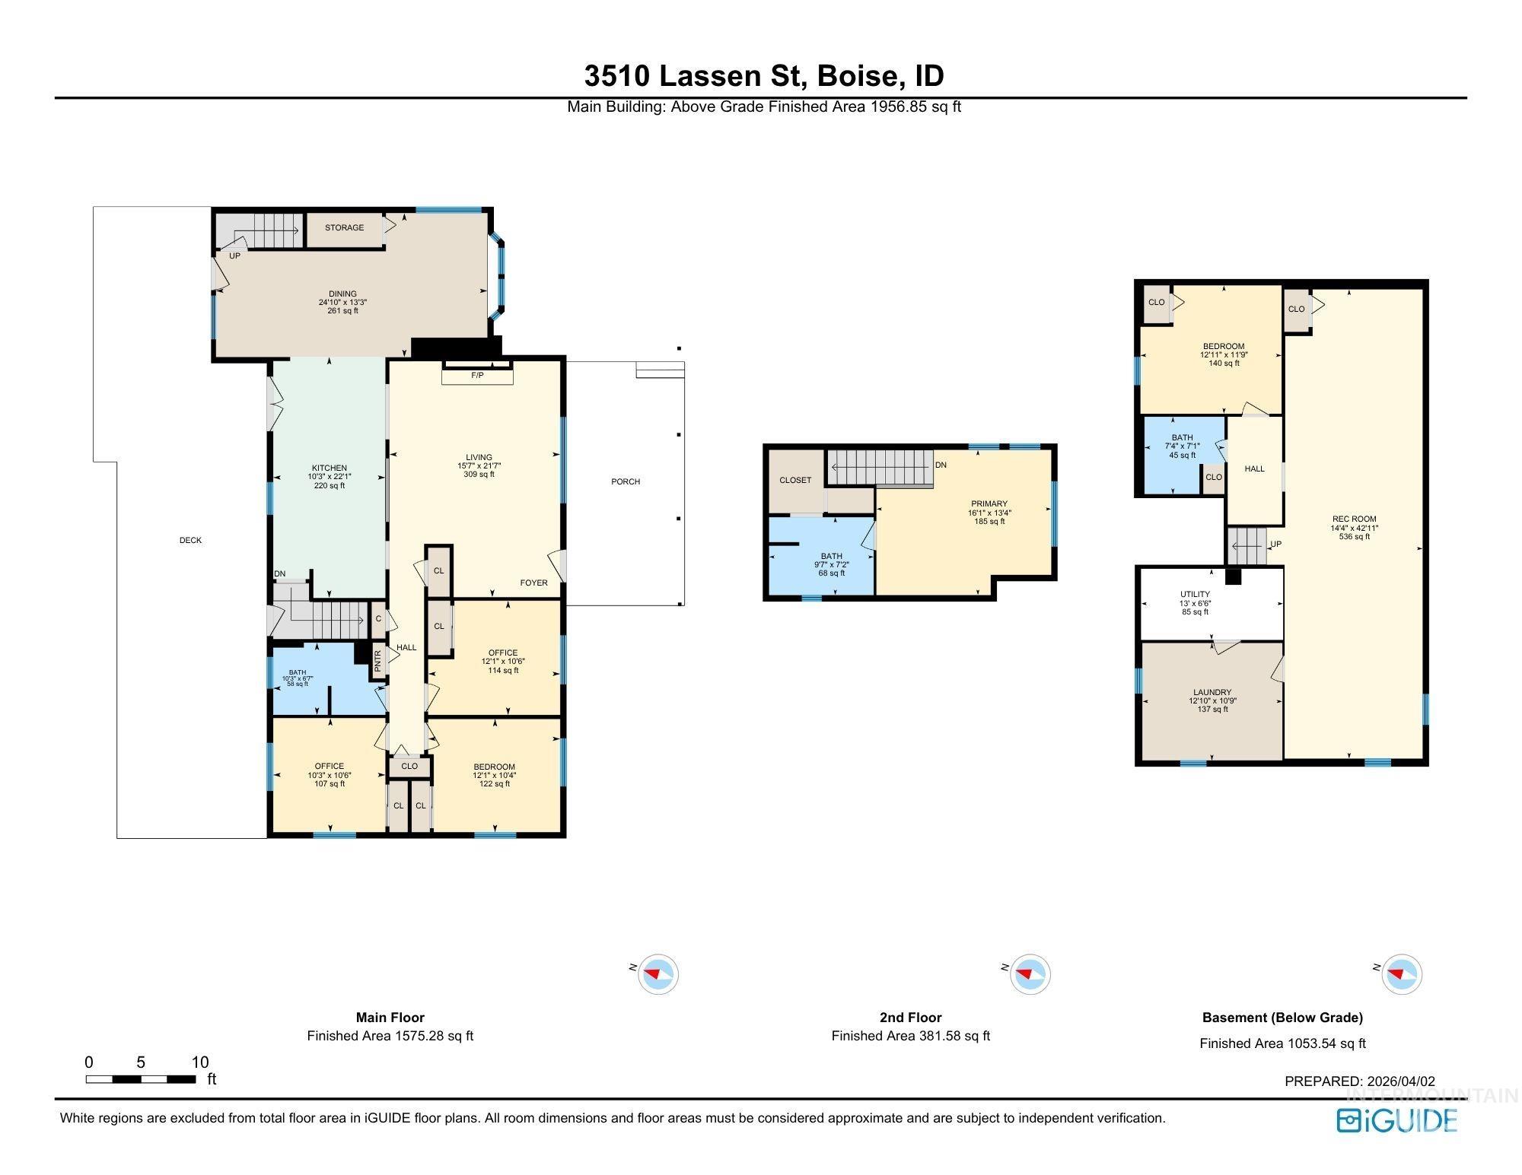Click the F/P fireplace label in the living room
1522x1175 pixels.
pos(477,376)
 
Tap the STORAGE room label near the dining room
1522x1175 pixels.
pos(344,227)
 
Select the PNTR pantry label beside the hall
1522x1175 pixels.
pos(378,661)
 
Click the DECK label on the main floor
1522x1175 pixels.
pos(190,541)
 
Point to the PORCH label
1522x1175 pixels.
pos(626,481)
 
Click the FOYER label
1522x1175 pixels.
pos(533,583)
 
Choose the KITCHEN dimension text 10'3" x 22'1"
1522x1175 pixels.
pos(330,477)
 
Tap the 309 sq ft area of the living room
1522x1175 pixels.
pos(479,475)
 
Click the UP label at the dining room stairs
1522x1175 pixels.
pos(234,256)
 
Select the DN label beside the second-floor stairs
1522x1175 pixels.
pos(941,465)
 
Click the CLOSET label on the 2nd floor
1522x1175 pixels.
pos(795,481)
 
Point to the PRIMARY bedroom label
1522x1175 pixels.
pos(989,503)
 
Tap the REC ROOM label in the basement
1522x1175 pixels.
pos(1354,519)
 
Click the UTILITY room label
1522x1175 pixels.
pos(1195,595)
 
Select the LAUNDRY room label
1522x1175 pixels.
pos(1212,693)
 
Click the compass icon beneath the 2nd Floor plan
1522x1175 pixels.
pos(1030,974)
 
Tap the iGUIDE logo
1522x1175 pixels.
pos(1396,1121)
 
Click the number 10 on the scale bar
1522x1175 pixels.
pos(199,1062)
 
